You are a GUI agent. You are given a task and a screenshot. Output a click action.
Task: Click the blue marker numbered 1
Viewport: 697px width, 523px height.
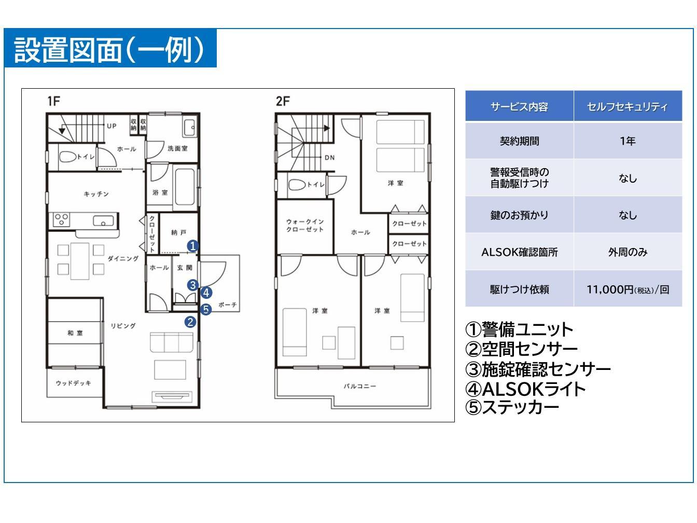192,246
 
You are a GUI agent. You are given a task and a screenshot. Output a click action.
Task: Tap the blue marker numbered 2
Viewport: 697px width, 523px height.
190,322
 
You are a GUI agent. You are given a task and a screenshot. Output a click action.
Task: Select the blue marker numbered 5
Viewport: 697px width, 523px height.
206,309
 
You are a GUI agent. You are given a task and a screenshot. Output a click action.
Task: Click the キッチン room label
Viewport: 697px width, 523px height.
96,194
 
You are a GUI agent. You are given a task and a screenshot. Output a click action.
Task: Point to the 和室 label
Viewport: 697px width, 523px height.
75,333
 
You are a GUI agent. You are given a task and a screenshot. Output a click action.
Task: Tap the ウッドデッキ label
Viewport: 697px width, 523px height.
74,383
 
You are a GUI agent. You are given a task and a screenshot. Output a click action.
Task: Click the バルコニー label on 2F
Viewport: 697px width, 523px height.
360,387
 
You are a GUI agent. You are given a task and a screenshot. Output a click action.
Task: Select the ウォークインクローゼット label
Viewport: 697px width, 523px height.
305,225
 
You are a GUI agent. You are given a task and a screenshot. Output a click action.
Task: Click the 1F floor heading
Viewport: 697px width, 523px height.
53,101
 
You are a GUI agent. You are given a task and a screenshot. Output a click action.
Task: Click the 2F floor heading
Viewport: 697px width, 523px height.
282,101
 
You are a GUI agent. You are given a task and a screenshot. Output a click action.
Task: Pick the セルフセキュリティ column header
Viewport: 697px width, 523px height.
628,107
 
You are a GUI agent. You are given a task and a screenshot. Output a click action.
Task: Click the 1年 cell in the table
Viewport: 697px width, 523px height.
628,141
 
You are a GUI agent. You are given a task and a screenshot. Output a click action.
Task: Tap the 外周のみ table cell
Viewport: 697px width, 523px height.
628,252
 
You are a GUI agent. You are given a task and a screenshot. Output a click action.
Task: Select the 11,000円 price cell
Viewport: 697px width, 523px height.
628,290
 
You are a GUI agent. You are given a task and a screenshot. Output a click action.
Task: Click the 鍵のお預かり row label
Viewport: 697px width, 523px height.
519,215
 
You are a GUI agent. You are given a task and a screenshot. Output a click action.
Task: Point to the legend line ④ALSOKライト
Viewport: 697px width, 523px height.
526,389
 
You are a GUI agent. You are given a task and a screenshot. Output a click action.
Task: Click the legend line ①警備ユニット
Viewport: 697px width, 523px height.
519,329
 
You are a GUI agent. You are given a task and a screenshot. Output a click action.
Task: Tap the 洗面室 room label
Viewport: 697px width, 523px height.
177,148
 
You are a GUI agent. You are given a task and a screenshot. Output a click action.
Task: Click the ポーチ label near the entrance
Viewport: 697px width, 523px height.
227,305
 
